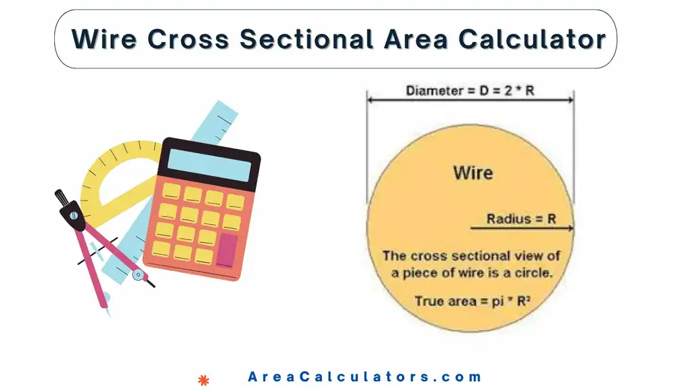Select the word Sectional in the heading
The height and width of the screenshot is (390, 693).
[x=307, y=39]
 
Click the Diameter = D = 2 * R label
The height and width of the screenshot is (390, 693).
[x=470, y=90]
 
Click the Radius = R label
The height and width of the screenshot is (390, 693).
[x=521, y=219]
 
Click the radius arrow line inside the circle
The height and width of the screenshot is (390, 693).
[x=521, y=229]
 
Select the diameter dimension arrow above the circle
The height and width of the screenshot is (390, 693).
[x=470, y=100]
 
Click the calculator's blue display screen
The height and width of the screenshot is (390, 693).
[x=208, y=165]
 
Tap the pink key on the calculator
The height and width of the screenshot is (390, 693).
[x=227, y=250]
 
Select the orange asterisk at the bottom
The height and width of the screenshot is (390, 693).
[x=202, y=379]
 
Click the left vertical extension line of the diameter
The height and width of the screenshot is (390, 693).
[x=367, y=149]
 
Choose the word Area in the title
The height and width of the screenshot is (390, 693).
[x=416, y=39]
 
